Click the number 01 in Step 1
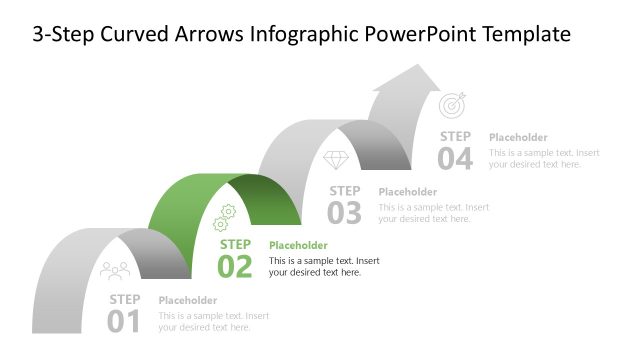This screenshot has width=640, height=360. [x=124, y=321]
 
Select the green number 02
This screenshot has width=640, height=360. [x=235, y=266]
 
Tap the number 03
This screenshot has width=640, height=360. [x=345, y=212]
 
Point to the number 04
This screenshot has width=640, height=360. [x=455, y=158]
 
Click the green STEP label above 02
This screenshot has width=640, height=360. [x=235, y=244]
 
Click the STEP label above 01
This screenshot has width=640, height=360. [x=125, y=299]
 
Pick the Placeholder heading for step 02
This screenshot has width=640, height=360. [x=298, y=245]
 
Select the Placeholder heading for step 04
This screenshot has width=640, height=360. [x=518, y=137]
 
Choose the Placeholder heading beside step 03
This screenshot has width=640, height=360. [x=408, y=191]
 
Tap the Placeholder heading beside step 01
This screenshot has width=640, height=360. [x=188, y=300]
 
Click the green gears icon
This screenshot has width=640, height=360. [x=225, y=217]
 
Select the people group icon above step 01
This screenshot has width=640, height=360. [x=115, y=270]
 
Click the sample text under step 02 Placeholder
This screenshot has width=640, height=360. [x=323, y=266]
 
